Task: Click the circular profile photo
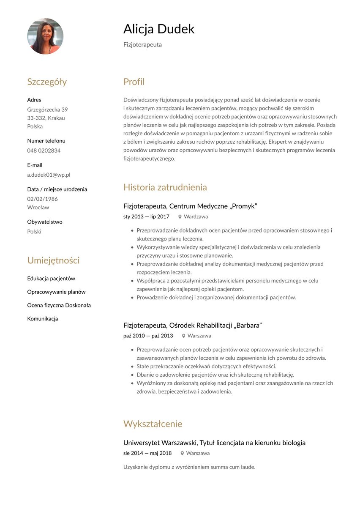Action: coord(45,36)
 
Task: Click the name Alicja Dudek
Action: coord(159,29)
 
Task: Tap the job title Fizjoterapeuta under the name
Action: coord(142,45)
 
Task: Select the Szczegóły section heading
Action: coord(47,82)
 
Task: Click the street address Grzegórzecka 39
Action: coord(47,109)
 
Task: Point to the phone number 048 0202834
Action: coord(44,151)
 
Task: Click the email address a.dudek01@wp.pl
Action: coord(49,175)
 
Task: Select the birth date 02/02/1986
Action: coord(43,199)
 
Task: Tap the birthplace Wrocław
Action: coord(38,208)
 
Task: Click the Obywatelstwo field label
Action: coord(45,222)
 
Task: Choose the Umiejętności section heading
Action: coord(53,260)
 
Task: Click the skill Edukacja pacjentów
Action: coord(51,279)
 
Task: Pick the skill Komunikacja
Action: coord(43,319)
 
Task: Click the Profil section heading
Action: coord(134,82)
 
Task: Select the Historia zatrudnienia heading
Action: coord(165,187)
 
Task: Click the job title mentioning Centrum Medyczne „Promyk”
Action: coord(190,206)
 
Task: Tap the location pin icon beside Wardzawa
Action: coord(180,217)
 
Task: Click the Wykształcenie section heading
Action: coord(153,424)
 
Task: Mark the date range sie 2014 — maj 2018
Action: coord(147,454)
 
